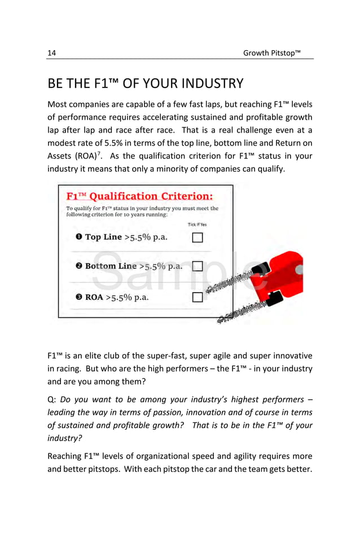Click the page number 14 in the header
[51, 53]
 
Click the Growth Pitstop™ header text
[271, 53]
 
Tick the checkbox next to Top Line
[197, 237]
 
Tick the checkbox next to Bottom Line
[197, 266]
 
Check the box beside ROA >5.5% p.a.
[197, 297]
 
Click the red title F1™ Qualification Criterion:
[139, 196]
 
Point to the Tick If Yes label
[197, 224]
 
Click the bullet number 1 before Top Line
[79, 237]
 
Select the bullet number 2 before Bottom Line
[80, 266]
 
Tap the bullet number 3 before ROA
[80, 297]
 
